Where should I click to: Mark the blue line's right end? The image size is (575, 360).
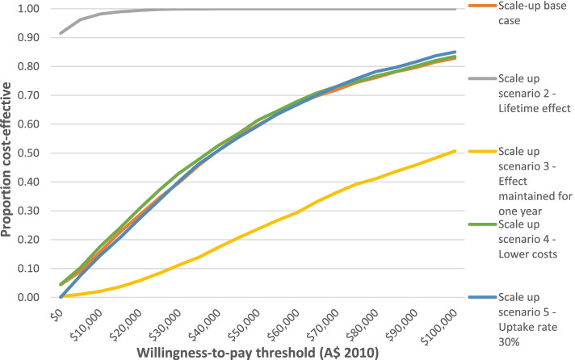tap(455, 52)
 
